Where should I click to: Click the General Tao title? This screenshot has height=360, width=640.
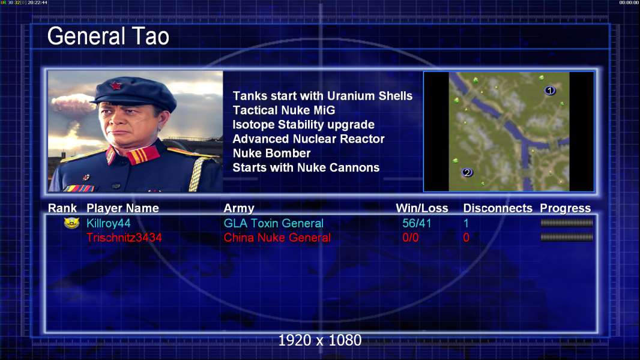point(108,36)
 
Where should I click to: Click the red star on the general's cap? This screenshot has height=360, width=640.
point(115,86)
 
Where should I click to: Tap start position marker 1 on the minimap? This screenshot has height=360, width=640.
point(549,91)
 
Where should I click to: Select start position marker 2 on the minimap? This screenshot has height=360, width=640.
point(467,172)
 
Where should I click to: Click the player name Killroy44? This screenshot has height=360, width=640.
point(109,223)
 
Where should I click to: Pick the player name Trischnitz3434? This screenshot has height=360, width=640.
point(124,238)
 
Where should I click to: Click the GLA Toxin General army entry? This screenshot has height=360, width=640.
point(273,223)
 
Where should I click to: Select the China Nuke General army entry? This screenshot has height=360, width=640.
point(277,238)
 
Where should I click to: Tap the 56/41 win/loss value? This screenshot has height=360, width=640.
point(417,223)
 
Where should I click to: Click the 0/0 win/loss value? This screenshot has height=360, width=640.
point(410,238)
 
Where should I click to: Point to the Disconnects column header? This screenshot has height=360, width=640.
point(498,208)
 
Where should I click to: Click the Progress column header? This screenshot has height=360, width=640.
point(566,208)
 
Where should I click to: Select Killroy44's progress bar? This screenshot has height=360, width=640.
point(567,223)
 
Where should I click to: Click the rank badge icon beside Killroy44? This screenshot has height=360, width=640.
point(71,223)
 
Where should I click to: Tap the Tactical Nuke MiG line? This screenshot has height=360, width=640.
point(283,110)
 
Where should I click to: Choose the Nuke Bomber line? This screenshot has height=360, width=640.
point(271,153)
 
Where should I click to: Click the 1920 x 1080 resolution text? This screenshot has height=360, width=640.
point(320,340)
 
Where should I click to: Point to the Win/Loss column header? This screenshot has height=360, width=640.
point(422,208)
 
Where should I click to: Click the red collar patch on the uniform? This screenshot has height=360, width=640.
point(142,155)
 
